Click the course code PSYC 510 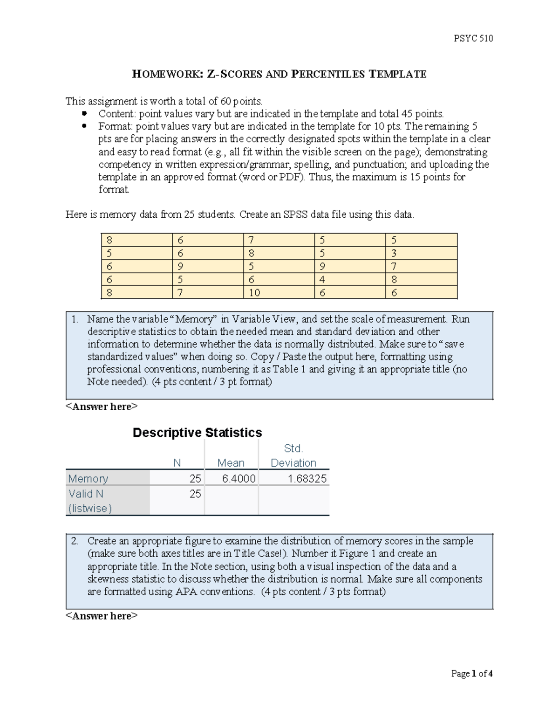tap(473, 39)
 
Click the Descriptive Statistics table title tap(197, 433)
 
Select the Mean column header tap(231, 463)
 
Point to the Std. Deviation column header tap(293, 456)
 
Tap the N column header tap(177, 463)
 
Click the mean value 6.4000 tap(239, 479)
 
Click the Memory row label tap(88, 479)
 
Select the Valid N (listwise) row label tap(90, 501)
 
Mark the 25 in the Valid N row tap(195, 494)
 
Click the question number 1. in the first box tap(75, 319)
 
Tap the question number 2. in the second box tap(75, 541)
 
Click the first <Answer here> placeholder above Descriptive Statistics tap(102, 407)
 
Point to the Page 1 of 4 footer tap(471, 674)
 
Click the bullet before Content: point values tap(84, 114)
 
